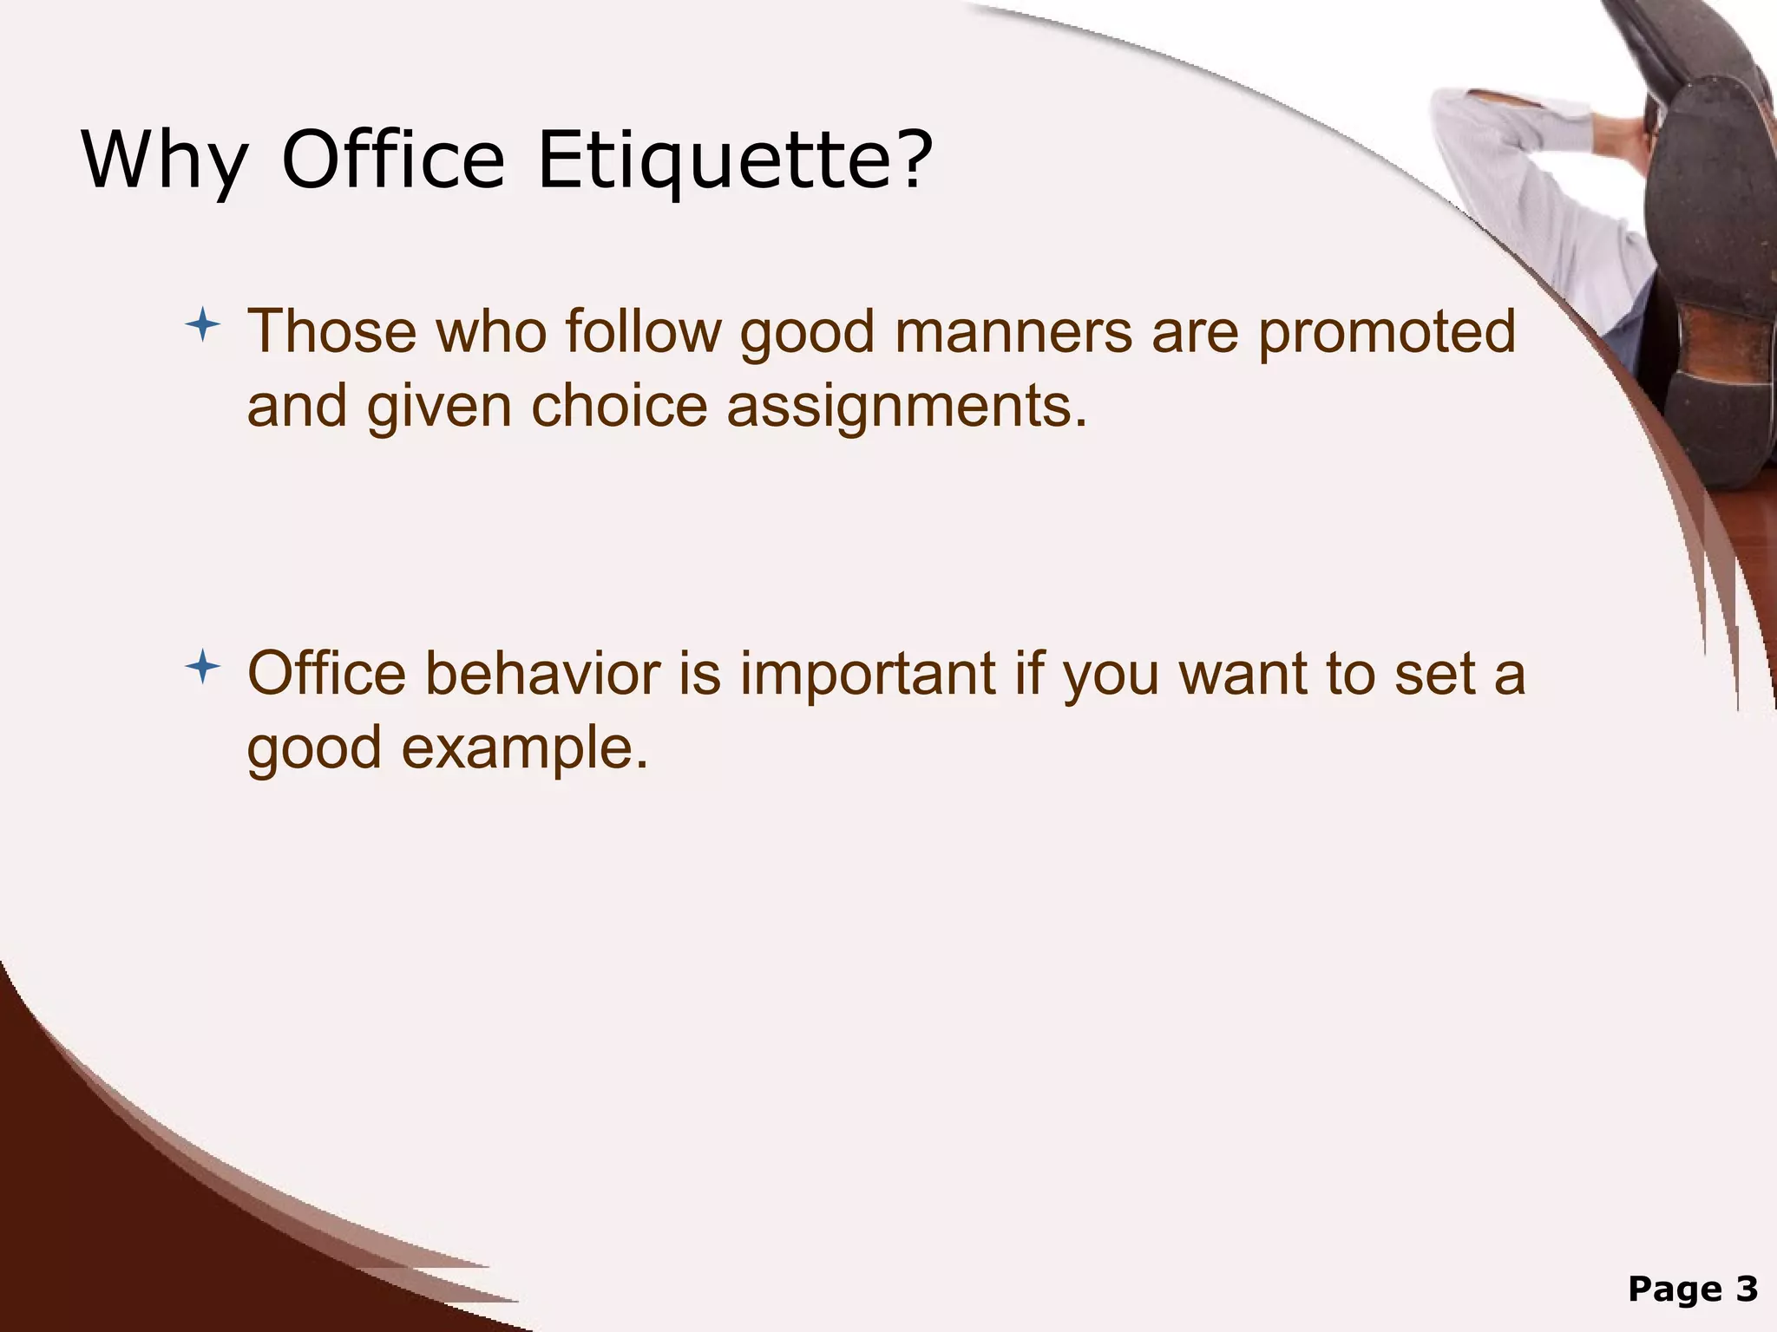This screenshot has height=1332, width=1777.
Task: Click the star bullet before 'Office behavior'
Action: [202, 668]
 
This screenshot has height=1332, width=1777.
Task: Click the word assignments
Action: [906, 407]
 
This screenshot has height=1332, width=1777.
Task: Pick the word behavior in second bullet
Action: [542, 675]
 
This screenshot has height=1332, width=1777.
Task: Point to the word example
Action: [524, 748]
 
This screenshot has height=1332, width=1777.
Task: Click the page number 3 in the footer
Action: [1747, 1290]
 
